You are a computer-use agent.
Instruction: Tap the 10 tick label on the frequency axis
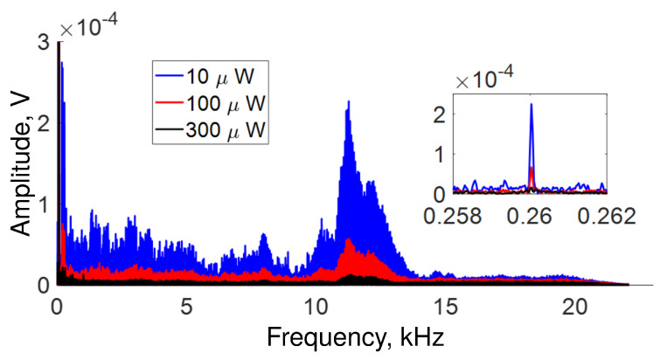tap(316, 307)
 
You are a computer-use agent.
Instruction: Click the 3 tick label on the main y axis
tap(43, 41)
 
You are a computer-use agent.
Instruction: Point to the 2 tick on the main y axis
tap(43, 122)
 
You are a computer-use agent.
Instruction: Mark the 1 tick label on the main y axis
tap(43, 204)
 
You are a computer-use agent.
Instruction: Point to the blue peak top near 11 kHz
tap(349, 101)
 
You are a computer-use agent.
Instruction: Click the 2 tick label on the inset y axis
tap(441, 113)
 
